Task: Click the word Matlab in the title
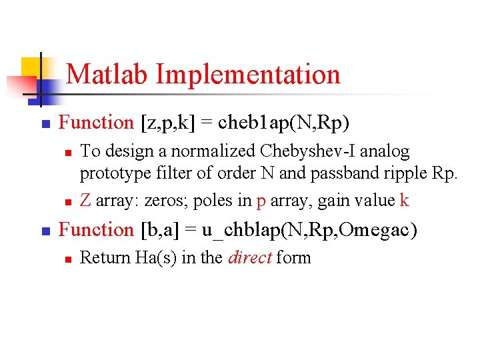click(x=108, y=74)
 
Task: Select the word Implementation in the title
click(x=248, y=74)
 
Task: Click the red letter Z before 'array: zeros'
click(x=85, y=199)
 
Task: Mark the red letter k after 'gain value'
click(x=404, y=199)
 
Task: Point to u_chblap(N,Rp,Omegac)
click(x=310, y=230)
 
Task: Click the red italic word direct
click(x=249, y=258)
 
